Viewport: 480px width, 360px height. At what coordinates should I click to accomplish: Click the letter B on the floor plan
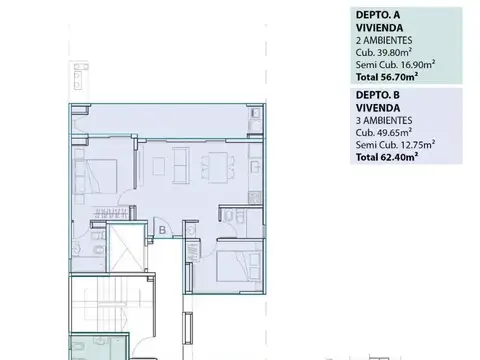click(162, 230)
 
